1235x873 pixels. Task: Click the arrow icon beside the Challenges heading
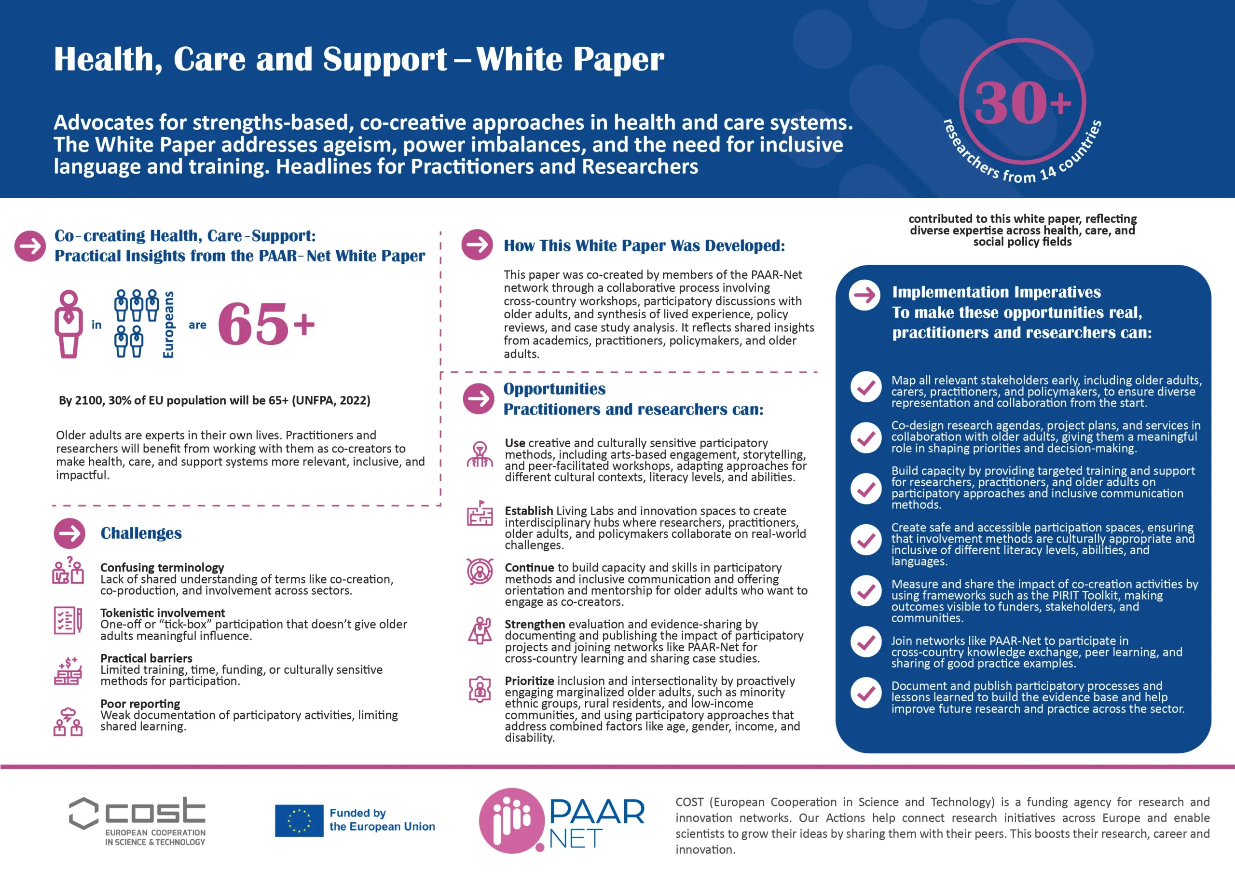pyautogui.click(x=69, y=533)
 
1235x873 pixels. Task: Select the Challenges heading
pyautogui.click(x=141, y=533)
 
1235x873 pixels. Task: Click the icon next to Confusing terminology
pyautogui.click(x=68, y=571)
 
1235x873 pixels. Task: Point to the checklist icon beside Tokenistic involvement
pyautogui.click(x=68, y=620)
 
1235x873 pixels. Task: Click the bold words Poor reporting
pyautogui.click(x=140, y=704)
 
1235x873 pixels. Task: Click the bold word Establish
pyautogui.click(x=528, y=510)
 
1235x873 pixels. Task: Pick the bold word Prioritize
pyautogui.click(x=529, y=681)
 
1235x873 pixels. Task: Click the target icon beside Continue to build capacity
pyautogui.click(x=479, y=571)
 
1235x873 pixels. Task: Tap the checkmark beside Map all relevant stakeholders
pyautogui.click(x=865, y=387)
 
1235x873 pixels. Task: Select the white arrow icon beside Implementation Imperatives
pyautogui.click(x=864, y=295)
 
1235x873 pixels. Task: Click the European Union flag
pyautogui.click(x=299, y=820)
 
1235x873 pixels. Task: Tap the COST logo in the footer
pyautogui.click(x=137, y=820)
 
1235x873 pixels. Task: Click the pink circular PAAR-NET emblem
pyautogui.click(x=511, y=820)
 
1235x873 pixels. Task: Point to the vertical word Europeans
pyautogui.click(x=168, y=324)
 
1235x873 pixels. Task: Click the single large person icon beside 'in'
pyautogui.click(x=69, y=324)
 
